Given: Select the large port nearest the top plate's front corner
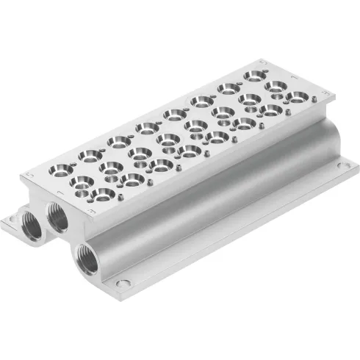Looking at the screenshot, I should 103,194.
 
